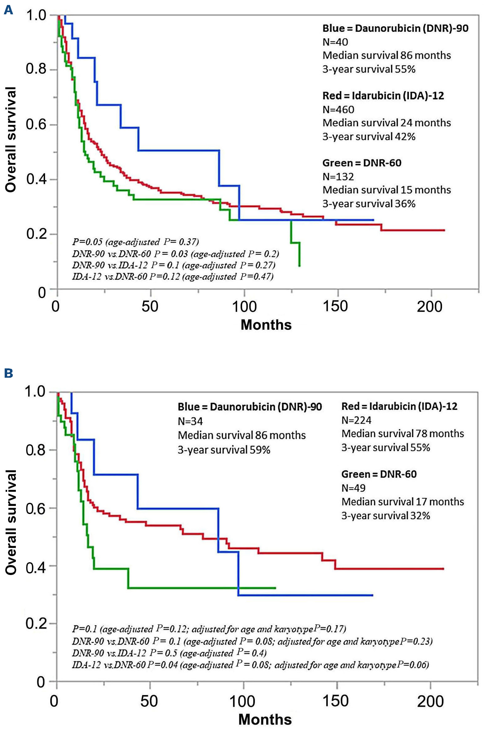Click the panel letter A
[8, 11]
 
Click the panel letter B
[8, 373]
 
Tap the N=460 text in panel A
[338, 110]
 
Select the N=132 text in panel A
[338, 177]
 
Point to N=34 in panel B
[190, 421]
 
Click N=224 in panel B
[356, 420]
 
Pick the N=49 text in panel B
[353, 488]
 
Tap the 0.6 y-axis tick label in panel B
[36, 508]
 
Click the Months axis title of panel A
[266, 325]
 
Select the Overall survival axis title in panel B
[11, 522]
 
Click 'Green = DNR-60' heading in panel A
[362, 163]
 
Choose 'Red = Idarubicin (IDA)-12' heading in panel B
[399, 406]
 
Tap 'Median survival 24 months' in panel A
[386, 123]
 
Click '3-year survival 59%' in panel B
[224, 450]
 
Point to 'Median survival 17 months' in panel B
[403, 502]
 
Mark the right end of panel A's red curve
[444, 230]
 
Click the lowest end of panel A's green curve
[299, 266]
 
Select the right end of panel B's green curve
[275, 588]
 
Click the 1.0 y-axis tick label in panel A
[36, 15]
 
